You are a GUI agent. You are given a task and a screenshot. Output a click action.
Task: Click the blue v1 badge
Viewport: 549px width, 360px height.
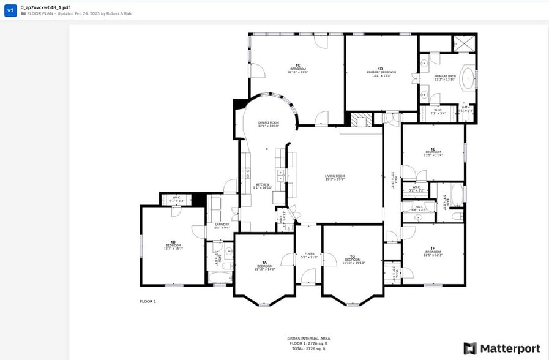pos(10,10)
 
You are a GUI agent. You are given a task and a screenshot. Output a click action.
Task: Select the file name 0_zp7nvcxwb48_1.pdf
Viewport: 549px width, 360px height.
pos(45,7)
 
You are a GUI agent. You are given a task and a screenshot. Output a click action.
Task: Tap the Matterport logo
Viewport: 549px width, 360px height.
pos(501,348)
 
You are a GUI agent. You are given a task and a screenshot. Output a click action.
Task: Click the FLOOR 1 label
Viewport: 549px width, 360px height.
pos(148,301)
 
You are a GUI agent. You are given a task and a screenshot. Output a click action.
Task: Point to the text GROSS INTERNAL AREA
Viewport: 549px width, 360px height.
pos(308,338)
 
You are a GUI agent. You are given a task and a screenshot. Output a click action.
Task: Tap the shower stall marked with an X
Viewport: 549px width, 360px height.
pos(463,43)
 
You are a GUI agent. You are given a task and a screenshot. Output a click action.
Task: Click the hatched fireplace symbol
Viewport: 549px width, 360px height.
pos(360,120)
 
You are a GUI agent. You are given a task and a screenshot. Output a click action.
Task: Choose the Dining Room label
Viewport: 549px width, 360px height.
pos(268,124)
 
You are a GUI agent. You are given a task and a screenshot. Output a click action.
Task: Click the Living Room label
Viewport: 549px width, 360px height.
pos(335,178)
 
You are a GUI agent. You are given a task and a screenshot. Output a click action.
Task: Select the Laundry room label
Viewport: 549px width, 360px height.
pos(222,225)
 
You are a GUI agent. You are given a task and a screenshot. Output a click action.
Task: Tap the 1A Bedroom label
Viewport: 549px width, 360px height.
pos(264,266)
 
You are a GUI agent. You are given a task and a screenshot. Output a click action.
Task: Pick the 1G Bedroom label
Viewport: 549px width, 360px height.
pos(353,259)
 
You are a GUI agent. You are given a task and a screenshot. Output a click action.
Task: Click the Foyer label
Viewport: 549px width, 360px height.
pos(309,255)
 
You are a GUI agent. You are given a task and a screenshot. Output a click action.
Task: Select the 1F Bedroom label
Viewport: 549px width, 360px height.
pos(433,252)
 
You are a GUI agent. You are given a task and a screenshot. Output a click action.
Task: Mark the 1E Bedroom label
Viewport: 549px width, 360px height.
pos(433,152)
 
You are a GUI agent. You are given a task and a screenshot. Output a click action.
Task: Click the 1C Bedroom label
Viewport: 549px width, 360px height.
pos(297,68)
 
